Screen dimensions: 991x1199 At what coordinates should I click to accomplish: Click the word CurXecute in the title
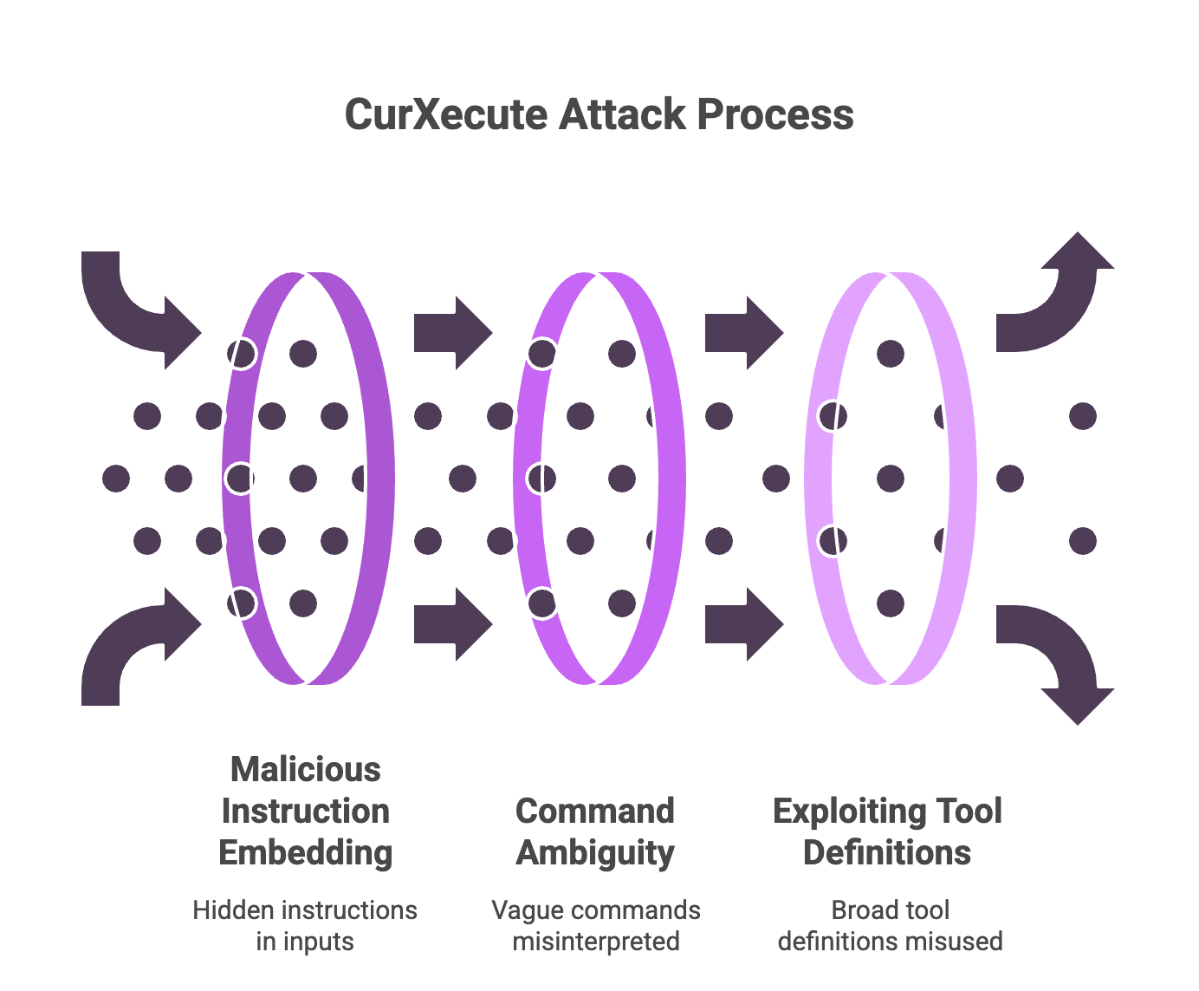tap(445, 114)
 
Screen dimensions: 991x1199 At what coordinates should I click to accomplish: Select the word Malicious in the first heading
tap(305, 769)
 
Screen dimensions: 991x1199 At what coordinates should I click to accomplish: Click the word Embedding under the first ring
tap(305, 852)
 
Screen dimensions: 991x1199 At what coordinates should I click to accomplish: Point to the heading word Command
tap(595, 811)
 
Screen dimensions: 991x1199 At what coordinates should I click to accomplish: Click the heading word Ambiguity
tap(595, 852)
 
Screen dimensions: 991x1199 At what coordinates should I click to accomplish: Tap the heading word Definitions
tap(887, 852)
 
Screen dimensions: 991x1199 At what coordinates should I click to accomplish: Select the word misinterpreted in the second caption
tap(595, 941)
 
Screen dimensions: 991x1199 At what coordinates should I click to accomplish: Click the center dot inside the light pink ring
tap(891, 479)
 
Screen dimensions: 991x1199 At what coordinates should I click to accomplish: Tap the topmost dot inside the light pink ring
tap(891, 354)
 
